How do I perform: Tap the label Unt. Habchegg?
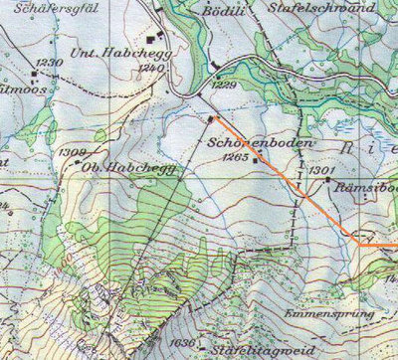point(110,52)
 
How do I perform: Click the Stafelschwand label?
point(318,6)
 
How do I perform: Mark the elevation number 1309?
point(72,151)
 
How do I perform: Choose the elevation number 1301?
point(320,170)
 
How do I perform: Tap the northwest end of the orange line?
point(211,118)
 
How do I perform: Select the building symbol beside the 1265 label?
point(256,157)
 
